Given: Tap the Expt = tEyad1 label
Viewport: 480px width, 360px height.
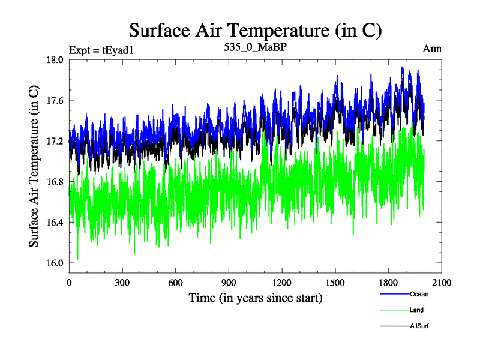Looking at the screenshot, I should (x=101, y=50).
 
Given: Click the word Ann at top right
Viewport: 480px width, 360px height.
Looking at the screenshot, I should (x=432, y=49).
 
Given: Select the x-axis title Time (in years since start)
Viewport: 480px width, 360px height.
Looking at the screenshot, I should (x=256, y=298).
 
